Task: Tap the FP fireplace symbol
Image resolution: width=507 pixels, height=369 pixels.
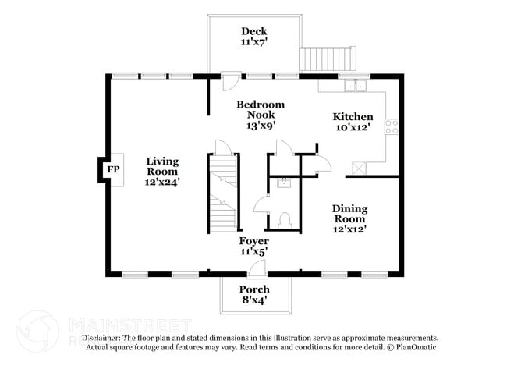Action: click(113, 169)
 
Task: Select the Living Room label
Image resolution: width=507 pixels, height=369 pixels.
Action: click(162, 166)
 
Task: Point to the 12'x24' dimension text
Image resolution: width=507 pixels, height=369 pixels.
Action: click(162, 182)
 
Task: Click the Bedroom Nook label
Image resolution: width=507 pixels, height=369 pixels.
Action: click(260, 109)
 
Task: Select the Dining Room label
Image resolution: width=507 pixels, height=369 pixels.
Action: click(349, 214)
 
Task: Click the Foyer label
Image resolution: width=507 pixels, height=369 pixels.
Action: click(253, 242)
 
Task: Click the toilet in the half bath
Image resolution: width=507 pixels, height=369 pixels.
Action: click(285, 220)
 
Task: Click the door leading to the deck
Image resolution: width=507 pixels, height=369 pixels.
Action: click(231, 81)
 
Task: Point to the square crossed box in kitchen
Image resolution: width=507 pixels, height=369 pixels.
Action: click(361, 167)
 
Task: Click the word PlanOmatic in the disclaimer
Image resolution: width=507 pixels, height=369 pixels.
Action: click(413, 346)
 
